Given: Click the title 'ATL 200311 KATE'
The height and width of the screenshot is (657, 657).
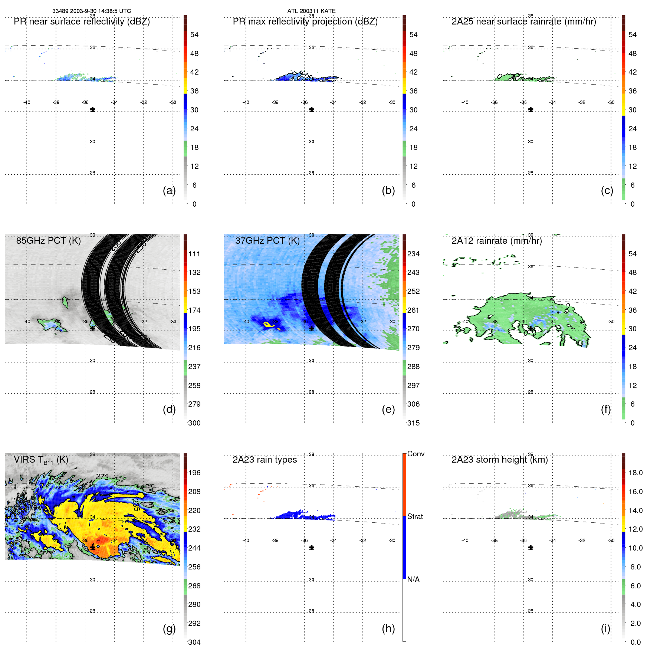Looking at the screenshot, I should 311,11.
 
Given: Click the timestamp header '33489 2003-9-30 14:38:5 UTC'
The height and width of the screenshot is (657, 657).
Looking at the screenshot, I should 91,11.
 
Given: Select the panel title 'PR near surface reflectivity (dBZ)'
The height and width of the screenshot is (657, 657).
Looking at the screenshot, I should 82,22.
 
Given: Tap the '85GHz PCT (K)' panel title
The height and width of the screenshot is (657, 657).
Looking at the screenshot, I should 48,240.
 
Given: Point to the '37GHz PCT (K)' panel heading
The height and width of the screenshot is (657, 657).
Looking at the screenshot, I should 267,240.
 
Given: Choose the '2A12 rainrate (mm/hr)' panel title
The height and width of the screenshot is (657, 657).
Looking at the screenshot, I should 496,241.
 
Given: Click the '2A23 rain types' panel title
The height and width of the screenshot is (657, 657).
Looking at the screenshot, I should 265,460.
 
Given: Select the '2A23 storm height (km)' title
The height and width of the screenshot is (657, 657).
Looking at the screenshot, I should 499,460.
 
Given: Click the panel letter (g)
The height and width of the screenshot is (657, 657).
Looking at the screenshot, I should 169,628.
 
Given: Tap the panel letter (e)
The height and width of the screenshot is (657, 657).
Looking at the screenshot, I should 388,409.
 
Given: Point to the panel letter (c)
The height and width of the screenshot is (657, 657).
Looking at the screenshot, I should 607,190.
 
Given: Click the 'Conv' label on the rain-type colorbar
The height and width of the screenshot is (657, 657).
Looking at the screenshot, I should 415,454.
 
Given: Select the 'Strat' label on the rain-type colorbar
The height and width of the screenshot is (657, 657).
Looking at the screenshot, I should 415,516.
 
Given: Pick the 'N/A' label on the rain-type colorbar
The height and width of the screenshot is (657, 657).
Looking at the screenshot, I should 413,579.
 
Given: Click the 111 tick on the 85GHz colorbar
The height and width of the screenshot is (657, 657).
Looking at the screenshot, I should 194,254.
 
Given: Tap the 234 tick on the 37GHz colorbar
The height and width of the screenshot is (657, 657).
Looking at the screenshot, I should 413,254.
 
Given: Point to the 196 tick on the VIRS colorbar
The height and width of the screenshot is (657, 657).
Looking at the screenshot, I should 194,473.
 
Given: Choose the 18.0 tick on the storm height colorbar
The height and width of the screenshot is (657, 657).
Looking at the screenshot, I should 635,473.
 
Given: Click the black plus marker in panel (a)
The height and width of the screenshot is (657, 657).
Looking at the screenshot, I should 93,109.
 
